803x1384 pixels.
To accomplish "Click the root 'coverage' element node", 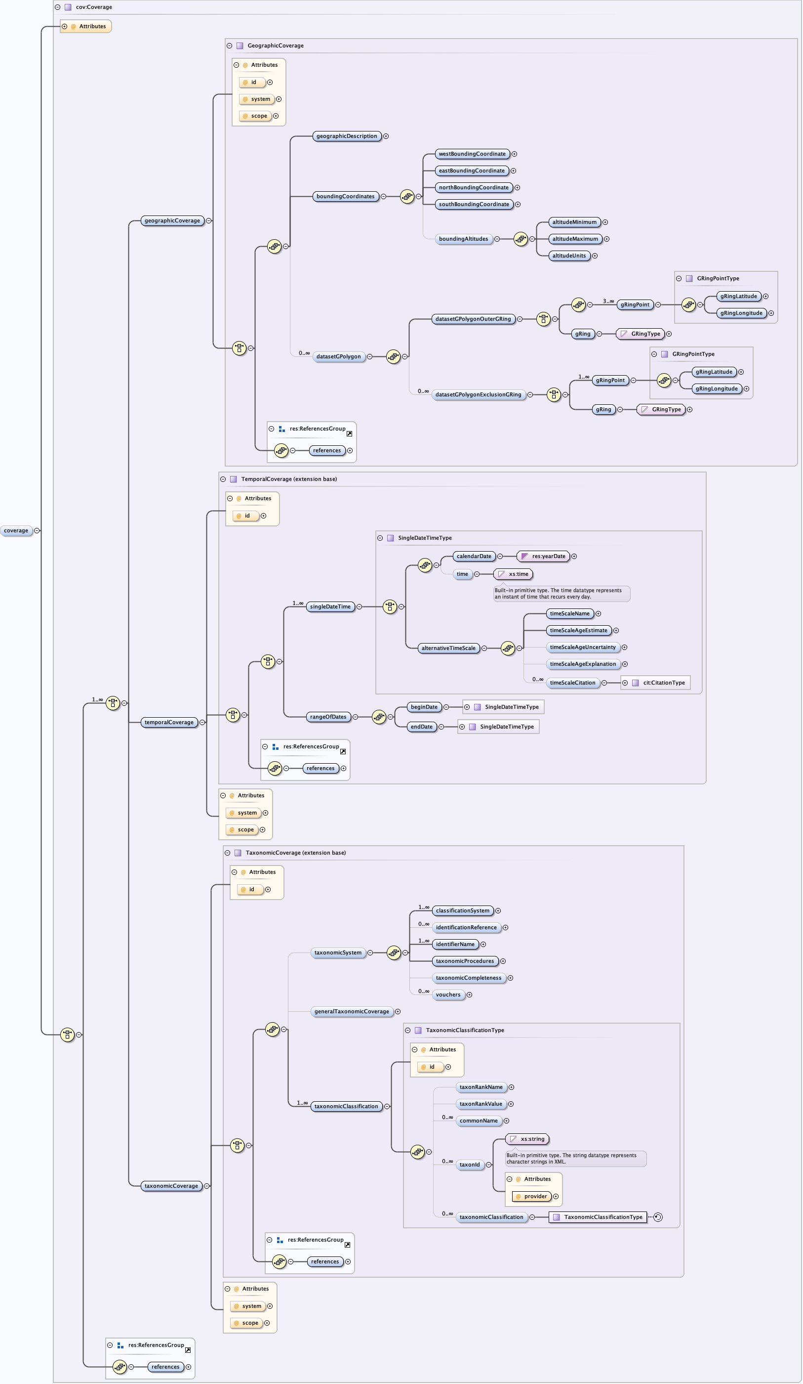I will pos(16,530).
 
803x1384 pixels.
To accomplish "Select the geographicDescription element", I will pos(346,136).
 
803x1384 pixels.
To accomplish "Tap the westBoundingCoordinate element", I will pos(472,154).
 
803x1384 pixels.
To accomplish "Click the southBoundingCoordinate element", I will pos(473,204).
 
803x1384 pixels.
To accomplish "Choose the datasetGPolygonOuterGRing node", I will pos(473,319).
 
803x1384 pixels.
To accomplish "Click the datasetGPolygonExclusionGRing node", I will pos(478,395).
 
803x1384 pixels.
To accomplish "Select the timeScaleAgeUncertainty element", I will pos(582,648).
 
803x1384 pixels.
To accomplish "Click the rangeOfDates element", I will pos(328,717).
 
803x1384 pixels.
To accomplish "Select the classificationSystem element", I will pos(462,911).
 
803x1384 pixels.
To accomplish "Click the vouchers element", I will pos(448,995).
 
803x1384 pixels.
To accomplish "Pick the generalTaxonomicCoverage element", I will pos(351,1012).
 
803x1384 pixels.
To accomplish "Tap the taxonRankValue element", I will pos(480,1104).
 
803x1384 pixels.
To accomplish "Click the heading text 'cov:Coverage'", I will pos(94,7).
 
